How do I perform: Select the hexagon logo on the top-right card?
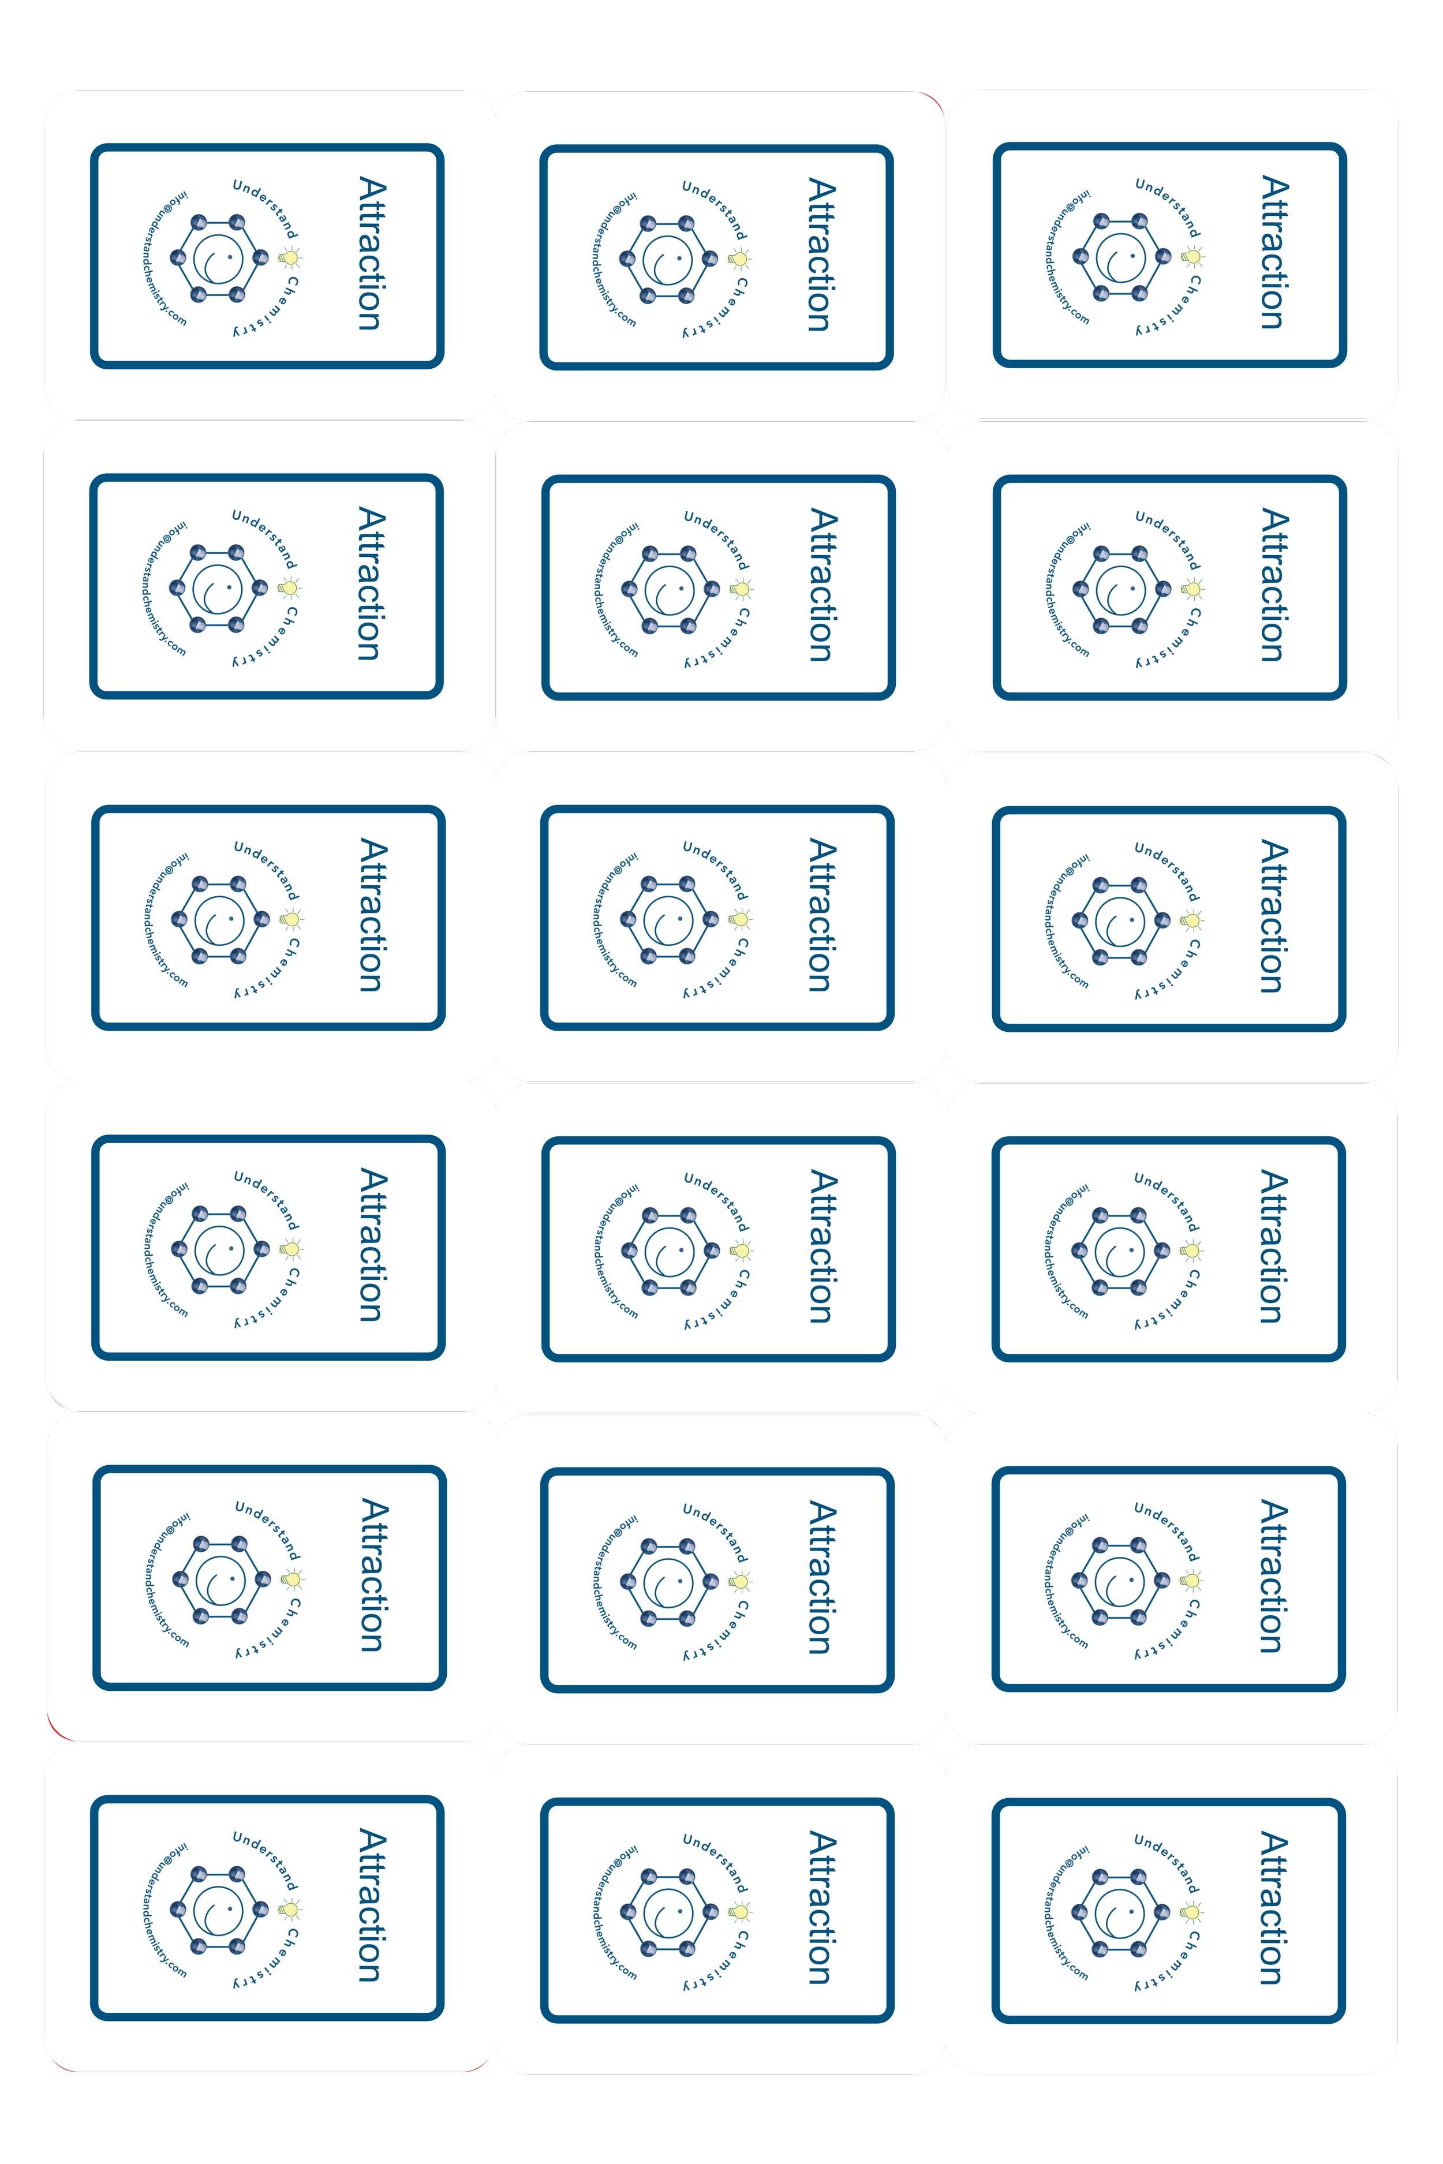pyautogui.click(x=1121, y=257)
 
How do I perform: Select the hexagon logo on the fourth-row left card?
pyautogui.click(x=220, y=1249)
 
